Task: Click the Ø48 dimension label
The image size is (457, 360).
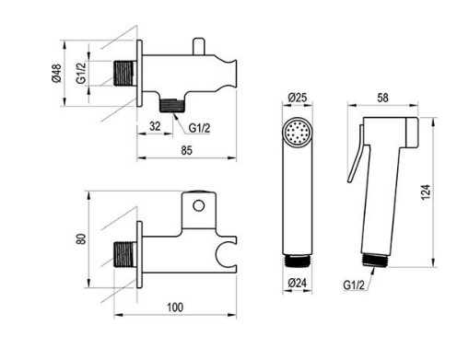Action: [56, 74]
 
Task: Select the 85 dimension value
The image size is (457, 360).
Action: [186, 150]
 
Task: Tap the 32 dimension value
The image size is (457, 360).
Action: [155, 126]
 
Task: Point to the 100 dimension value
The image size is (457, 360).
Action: [175, 307]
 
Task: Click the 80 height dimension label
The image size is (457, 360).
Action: [80, 238]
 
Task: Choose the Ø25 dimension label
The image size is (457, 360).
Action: [298, 98]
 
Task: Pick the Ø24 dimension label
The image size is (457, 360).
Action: [297, 283]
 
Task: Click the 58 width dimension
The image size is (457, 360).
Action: [382, 98]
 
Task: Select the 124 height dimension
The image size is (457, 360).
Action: [426, 192]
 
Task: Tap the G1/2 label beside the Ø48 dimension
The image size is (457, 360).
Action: [81, 73]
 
